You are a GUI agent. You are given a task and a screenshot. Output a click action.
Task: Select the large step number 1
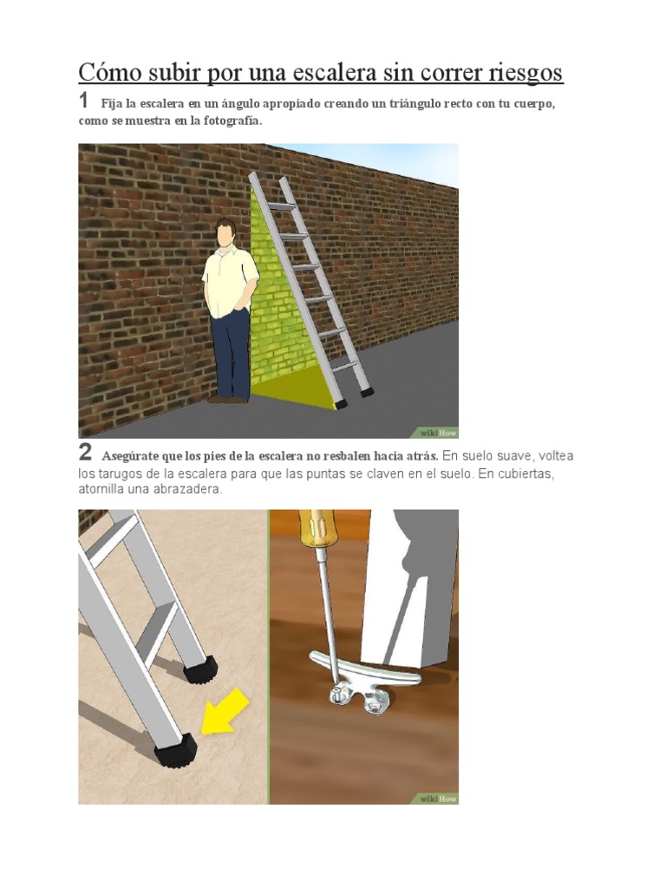(x=84, y=101)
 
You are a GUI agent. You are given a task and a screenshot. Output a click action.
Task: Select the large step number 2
(x=85, y=453)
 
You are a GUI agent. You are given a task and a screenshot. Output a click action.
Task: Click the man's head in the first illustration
(x=225, y=232)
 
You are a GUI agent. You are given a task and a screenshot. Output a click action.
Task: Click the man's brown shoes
(x=227, y=398)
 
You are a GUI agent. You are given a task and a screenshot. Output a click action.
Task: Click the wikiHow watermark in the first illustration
(x=438, y=432)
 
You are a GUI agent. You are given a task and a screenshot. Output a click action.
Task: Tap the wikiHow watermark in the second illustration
(x=438, y=799)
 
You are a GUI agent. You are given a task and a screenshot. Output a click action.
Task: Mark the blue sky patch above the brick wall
(x=408, y=160)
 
